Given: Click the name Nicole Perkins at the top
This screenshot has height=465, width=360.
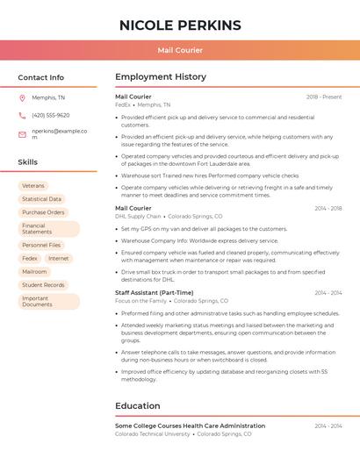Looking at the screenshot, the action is pos(180,24).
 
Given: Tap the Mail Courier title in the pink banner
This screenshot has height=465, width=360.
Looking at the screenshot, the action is pos(180,50).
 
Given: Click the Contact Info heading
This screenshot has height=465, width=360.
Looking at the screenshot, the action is pos(40,77).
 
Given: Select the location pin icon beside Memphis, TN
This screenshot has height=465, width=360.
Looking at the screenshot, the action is pos(22,98).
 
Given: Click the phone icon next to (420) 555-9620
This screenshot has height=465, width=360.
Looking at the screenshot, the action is pos(22,116).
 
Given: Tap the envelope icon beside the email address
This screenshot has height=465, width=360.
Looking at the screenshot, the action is pos(22,134).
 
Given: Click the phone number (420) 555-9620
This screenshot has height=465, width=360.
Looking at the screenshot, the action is pos(50,116).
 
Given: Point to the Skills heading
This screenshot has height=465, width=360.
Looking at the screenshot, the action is pos(28,162).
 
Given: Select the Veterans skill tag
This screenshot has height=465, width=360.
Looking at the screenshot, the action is pos(33,186).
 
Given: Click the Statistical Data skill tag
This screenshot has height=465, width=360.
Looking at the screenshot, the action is pos(41,199).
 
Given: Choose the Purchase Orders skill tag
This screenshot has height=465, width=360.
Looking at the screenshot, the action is pos(43,212).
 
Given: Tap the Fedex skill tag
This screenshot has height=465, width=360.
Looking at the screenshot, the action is pos(30,259).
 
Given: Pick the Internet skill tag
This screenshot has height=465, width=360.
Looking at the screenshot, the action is pos(59,259).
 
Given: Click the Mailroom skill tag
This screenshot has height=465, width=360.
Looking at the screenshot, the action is pos(35,272).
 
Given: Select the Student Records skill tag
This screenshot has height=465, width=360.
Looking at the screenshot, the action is pos(43,285).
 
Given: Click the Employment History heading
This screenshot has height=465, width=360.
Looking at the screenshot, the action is pos(161,77).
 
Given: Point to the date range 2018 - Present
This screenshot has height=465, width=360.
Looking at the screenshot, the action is pos(324,97).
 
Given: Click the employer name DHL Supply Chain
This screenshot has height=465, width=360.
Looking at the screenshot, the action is pos(138,216).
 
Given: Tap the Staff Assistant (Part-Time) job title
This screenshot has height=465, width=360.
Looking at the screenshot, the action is pos(155,293).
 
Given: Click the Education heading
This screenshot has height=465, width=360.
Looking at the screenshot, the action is pos(139,406).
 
